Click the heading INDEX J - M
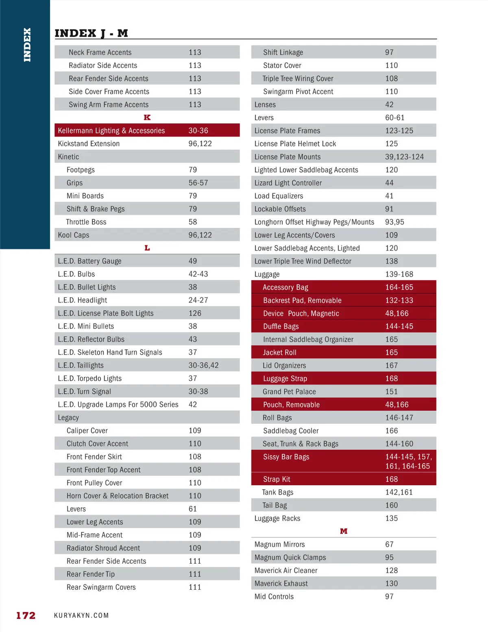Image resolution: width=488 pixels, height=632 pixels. point(91,33)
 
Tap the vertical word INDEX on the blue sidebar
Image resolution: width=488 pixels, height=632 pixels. point(27,45)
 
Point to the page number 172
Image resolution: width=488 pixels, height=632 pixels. point(26,615)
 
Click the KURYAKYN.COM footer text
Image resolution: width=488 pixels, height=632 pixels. point(81,615)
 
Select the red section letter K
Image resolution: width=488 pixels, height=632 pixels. point(147,118)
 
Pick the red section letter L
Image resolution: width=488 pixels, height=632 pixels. point(147,248)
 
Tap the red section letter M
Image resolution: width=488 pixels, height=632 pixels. point(344,531)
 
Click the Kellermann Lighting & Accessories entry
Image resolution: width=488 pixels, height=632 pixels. point(111,131)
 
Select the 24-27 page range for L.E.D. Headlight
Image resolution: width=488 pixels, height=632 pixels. point(198,300)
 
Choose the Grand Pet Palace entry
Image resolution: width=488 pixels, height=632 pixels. point(289,392)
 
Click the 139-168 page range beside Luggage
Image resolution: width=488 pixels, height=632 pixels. point(399,274)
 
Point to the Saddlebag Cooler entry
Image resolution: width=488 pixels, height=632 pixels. point(291,431)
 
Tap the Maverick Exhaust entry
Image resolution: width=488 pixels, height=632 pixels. point(281,584)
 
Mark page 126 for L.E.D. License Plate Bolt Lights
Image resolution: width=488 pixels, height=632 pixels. point(195,313)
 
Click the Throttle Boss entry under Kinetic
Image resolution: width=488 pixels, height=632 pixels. point(86,222)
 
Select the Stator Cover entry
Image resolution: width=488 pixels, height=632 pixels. point(282,65)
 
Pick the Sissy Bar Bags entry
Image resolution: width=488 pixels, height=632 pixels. point(286,457)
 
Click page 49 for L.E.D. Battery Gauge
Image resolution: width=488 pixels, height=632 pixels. point(193,261)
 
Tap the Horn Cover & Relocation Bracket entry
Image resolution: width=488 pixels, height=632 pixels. point(118,496)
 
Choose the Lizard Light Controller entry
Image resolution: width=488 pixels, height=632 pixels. point(288,183)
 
